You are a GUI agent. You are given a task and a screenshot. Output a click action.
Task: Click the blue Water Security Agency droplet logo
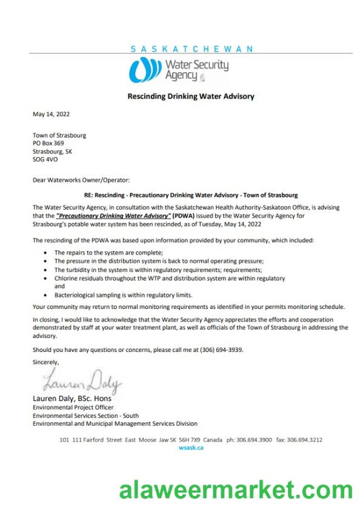click(x=145, y=69)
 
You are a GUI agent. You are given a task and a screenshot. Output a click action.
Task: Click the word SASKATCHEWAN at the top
click(x=192, y=48)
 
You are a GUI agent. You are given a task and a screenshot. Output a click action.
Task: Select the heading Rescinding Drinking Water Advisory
click(x=191, y=96)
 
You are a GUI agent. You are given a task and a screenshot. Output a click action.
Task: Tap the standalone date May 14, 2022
click(x=51, y=114)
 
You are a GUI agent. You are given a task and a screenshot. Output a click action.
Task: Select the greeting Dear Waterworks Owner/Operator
click(x=81, y=180)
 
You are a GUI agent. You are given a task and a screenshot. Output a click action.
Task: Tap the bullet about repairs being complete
click(x=109, y=252)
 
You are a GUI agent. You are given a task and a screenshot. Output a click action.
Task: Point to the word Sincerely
click(x=46, y=362)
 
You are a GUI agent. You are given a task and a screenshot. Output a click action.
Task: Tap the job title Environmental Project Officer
click(x=73, y=407)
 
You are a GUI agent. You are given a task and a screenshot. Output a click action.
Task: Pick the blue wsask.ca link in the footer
click(x=192, y=448)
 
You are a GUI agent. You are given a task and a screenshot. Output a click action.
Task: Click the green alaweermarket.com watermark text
click(x=236, y=489)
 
